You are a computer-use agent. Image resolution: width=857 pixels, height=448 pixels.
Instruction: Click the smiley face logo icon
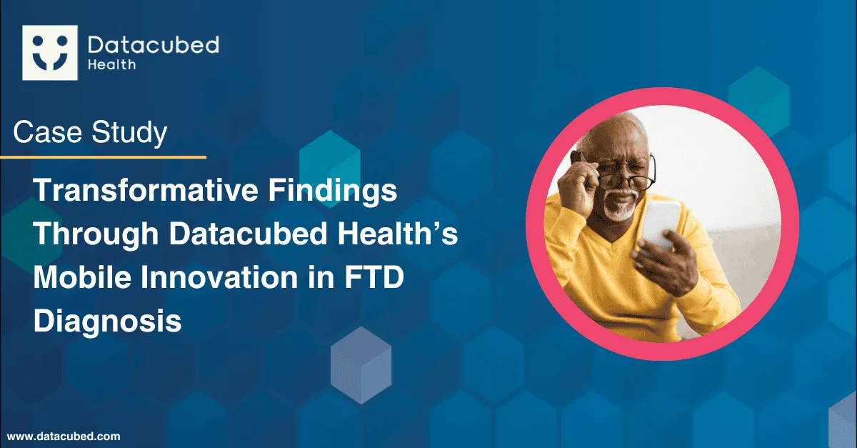pos(50,53)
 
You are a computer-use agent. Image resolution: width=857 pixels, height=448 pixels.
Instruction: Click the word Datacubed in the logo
pos(154,45)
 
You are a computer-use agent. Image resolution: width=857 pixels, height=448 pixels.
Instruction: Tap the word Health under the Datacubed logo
pos(111,65)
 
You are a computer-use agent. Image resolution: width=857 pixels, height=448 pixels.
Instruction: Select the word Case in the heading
pos(48,132)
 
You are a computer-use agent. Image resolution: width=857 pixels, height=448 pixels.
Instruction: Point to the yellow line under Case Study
pos(104,157)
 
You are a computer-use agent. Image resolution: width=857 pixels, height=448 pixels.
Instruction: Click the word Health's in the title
pos(398,233)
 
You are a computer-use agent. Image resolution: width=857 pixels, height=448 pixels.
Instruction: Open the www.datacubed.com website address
pos(64,436)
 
